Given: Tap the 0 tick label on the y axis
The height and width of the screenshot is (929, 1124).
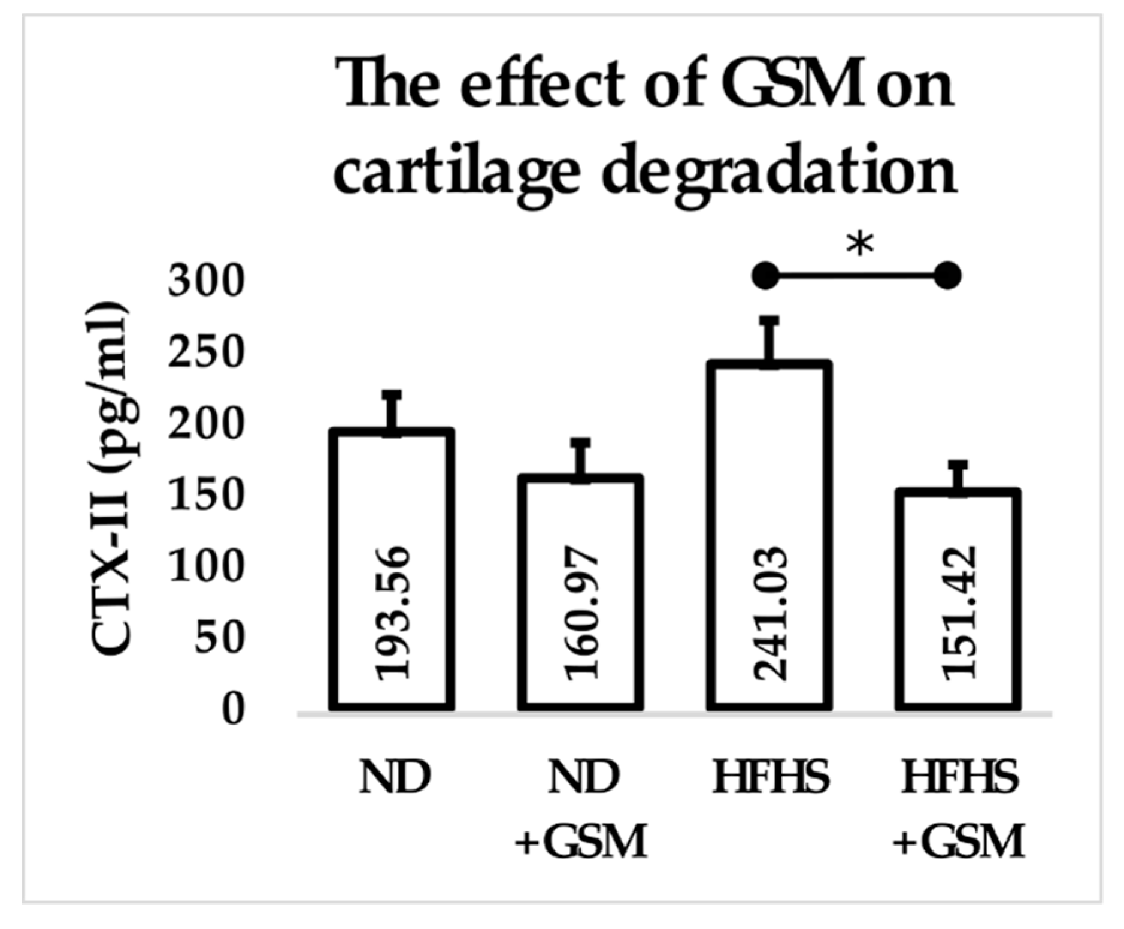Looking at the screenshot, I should (x=232, y=710).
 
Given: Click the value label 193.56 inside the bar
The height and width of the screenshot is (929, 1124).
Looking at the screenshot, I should (x=393, y=613).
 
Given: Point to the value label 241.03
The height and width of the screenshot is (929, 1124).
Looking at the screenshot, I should (x=770, y=613).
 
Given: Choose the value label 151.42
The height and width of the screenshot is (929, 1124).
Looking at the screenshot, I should (x=959, y=613).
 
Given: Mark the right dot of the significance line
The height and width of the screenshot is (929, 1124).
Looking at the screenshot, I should (x=947, y=276).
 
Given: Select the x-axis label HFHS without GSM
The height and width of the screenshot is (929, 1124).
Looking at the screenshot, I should (x=771, y=778).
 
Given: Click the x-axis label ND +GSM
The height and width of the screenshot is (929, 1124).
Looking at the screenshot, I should (x=581, y=809).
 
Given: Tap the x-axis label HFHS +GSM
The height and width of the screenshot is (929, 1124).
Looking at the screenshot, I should (x=959, y=809).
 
